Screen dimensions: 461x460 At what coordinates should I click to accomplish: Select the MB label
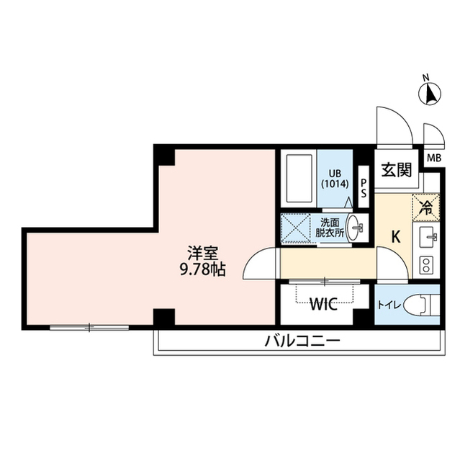point(434,158)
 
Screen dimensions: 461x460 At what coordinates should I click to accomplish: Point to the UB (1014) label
point(335,178)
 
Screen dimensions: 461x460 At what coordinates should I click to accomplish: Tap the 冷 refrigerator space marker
point(425,209)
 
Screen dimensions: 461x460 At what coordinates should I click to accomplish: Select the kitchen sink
point(426,236)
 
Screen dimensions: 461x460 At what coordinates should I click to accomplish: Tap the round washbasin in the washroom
point(356,228)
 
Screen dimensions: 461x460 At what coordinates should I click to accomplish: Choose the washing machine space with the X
point(297,228)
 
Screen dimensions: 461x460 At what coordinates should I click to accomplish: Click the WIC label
point(325,303)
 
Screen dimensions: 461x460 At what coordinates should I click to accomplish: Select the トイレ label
point(389,304)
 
